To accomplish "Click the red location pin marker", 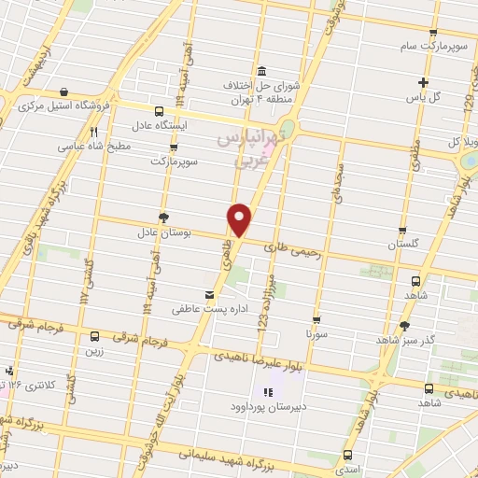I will (240, 219).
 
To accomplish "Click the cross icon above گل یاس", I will (423, 82).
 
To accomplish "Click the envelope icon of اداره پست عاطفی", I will (209, 291).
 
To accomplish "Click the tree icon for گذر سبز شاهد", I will (404, 326).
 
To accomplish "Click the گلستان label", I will (404, 244).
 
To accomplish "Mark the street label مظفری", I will (417, 149).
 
